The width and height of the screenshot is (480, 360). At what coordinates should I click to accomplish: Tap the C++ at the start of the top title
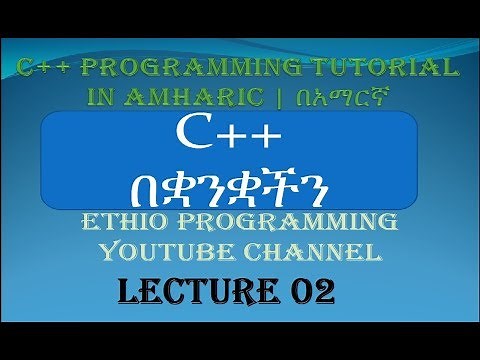point(45,68)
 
